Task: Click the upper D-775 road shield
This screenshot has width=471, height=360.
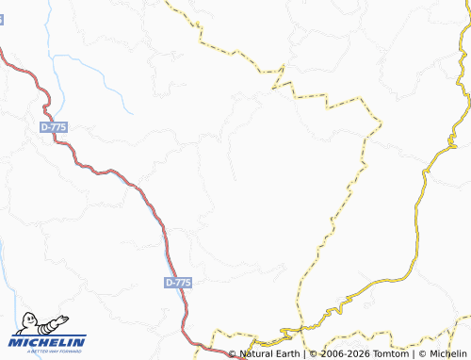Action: click(x=54, y=126)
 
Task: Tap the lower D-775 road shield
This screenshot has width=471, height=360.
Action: click(x=178, y=283)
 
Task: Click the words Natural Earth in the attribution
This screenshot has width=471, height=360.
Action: click(x=269, y=353)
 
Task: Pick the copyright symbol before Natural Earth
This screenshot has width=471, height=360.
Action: click(x=233, y=353)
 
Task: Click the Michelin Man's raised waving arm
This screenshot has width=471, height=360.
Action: click(x=60, y=319)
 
